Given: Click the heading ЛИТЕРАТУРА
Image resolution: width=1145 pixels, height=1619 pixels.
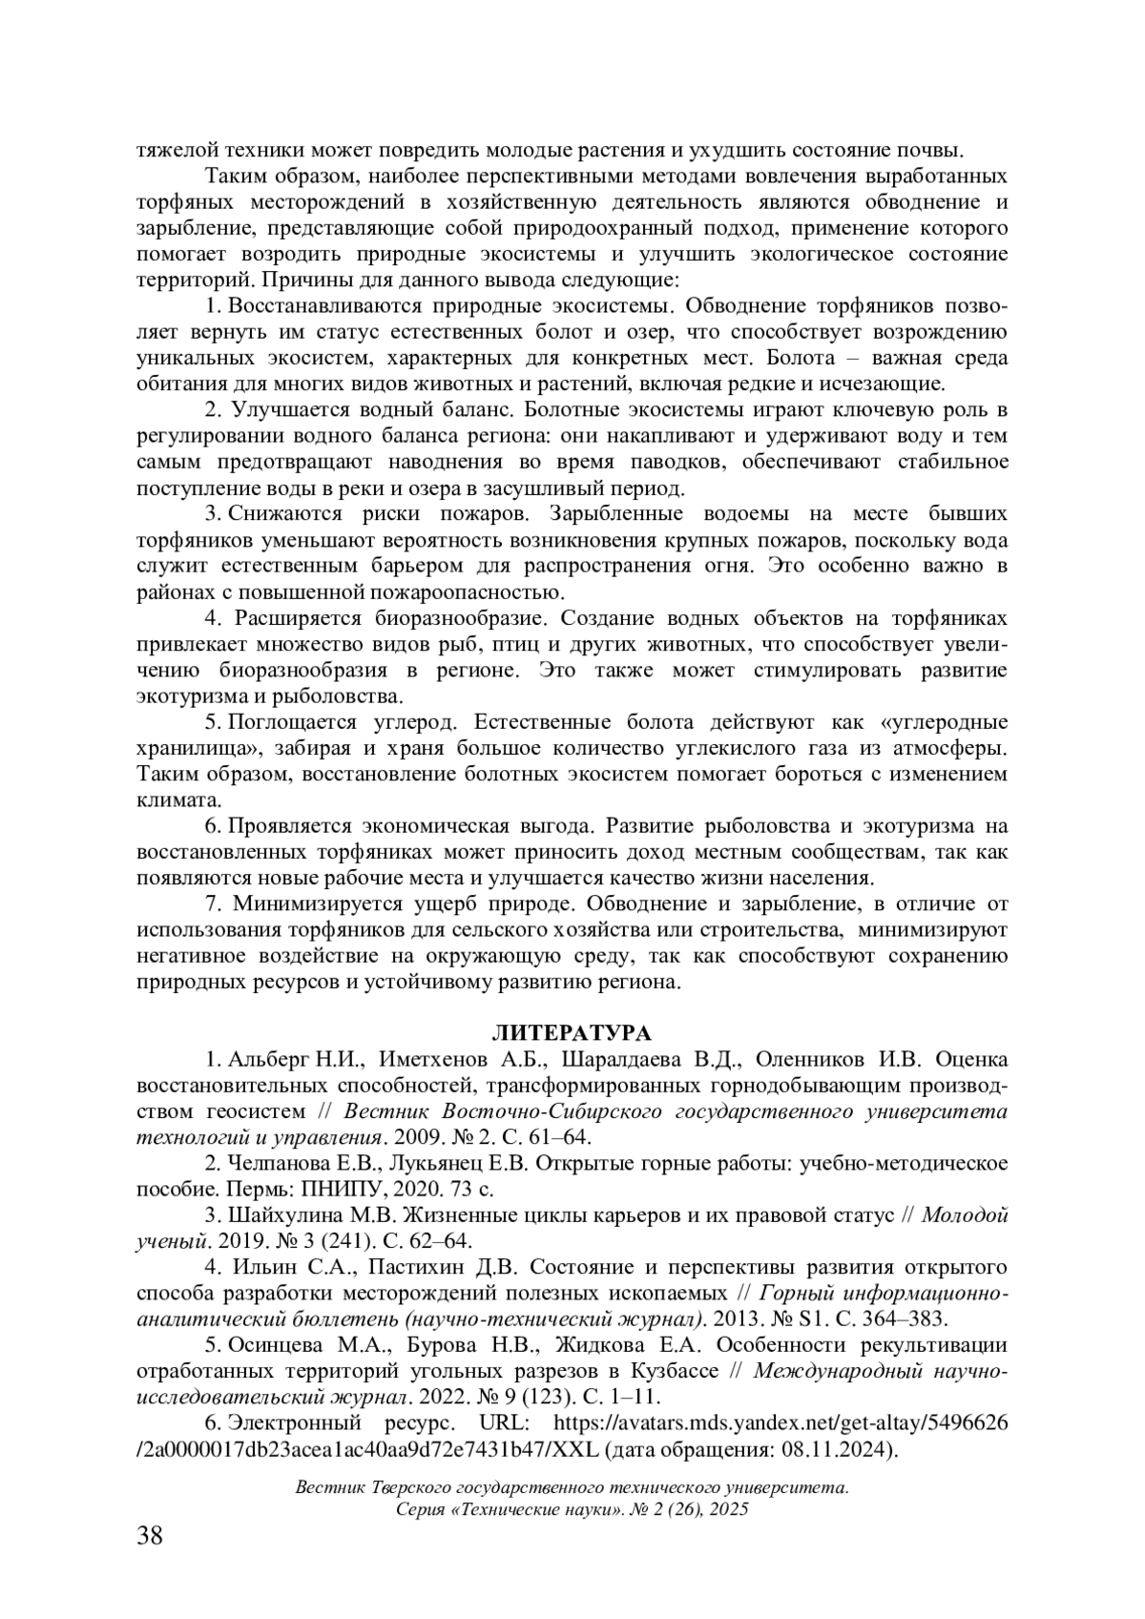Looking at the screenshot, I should [572, 1033].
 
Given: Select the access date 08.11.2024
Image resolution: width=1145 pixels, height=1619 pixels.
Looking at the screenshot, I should [843, 1449].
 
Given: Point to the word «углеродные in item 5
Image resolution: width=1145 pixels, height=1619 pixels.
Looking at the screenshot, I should [938, 721].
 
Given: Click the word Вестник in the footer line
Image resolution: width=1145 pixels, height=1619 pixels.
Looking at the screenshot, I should [330, 1487].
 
